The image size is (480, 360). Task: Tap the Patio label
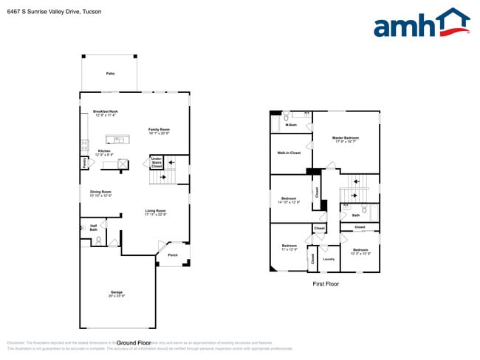110,74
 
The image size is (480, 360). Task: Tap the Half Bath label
94,228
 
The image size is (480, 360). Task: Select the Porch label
173,255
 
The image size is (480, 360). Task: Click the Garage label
117,294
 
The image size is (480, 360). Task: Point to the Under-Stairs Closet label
156,162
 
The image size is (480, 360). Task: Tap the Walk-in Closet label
289,153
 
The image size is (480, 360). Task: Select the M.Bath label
291,125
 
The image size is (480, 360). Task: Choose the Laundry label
329,259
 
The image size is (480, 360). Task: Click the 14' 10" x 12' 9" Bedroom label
289,200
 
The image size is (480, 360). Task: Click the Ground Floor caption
134,343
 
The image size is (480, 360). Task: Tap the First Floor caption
325,283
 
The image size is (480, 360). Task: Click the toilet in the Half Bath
99,240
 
